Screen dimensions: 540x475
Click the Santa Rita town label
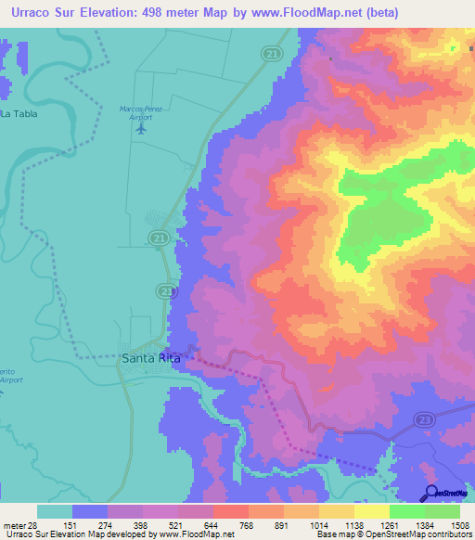click(146, 354)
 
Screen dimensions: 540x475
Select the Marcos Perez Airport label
click(141, 112)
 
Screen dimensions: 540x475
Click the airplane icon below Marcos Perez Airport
click(141, 128)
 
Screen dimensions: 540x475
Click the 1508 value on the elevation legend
click(448, 525)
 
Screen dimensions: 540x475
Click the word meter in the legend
click(12, 525)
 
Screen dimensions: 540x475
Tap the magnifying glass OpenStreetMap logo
click(431, 494)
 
